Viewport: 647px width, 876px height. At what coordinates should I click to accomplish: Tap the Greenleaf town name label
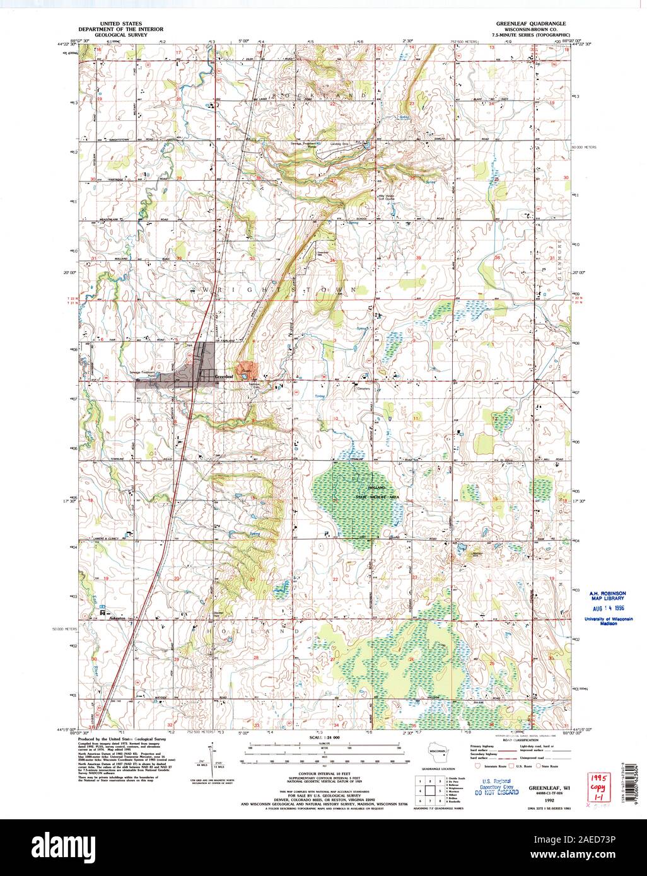[x=223, y=377]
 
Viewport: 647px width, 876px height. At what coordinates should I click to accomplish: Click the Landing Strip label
[x=341, y=144]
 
